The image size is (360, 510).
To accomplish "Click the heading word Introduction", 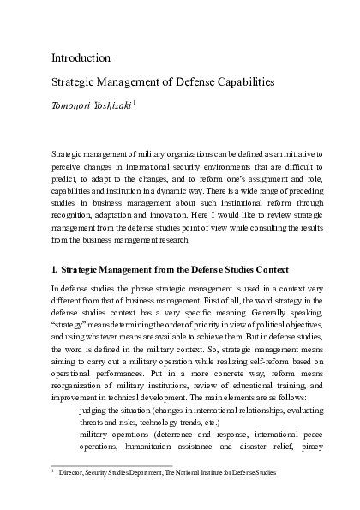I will (81, 58).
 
